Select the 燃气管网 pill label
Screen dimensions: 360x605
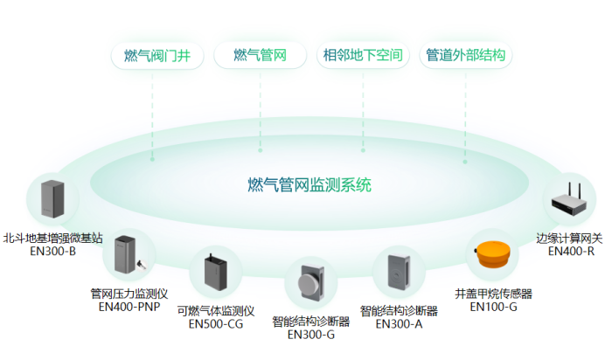tap(261, 56)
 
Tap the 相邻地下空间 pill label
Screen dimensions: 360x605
tap(364, 56)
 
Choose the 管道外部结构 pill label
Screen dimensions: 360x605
tap(466, 56)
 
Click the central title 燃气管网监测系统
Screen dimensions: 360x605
tap(309, 185)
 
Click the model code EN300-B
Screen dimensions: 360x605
tap(53, 251)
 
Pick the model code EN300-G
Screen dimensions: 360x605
tap(311, 334)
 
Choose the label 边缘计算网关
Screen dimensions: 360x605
tap(570, 238)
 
